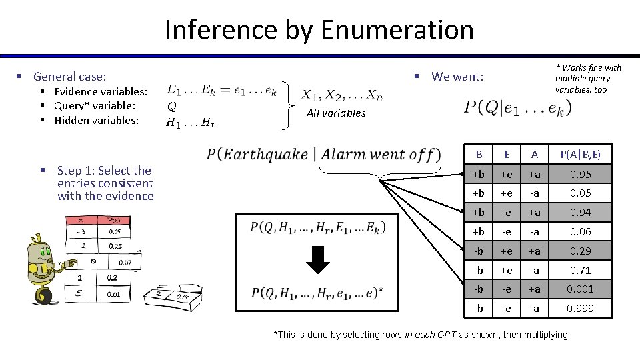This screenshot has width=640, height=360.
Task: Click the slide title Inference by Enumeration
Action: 319,30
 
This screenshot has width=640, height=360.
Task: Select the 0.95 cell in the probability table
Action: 580,175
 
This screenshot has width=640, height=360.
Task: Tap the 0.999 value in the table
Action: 580,308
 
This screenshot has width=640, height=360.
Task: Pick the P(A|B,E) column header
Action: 580,155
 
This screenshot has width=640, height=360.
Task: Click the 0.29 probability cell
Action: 580,251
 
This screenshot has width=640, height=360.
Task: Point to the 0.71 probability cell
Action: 580,270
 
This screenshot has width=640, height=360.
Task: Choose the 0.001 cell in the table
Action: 580,289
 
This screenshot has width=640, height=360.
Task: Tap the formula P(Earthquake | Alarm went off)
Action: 323,155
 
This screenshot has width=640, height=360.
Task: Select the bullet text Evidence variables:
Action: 101,91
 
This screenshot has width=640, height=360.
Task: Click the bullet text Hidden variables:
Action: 97,121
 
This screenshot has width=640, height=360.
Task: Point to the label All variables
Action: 336,113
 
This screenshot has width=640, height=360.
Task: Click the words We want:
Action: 457,77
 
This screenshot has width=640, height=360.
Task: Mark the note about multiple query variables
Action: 587,78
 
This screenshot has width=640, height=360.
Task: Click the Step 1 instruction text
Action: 105,183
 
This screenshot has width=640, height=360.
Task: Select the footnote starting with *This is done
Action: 421,335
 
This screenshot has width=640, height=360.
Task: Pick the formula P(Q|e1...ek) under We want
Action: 517,107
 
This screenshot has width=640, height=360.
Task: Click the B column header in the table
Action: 479,155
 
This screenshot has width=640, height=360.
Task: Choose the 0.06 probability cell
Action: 580,231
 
